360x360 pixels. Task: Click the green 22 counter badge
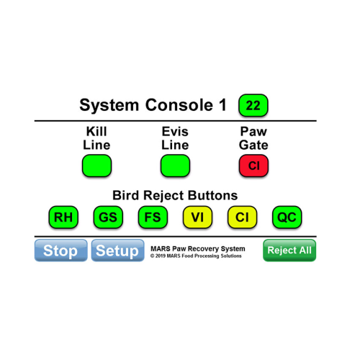pos(253,105)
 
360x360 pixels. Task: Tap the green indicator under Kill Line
pos(96,166)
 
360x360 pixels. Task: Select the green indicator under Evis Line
pos(175,166)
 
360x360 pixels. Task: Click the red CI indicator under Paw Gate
pos(253,166)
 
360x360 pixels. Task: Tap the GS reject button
pos(108,217)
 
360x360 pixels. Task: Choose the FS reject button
pos(153,217)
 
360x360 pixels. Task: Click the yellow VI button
pos(197,217)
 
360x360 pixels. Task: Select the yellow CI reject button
pos(242,217)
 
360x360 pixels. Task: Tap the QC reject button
pos(287,217)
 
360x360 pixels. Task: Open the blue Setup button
pos(117,251)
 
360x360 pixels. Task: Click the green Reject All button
pos(289,251)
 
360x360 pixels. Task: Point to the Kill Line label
pos(96,138)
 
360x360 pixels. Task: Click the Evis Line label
pos(175,138)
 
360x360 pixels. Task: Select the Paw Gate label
pos(253,138)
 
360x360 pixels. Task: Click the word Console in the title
pos(179,105)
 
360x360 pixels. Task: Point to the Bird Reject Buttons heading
pos(175,195)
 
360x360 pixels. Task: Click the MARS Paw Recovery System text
pos(198,248)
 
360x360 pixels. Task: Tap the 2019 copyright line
pos(196,256)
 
